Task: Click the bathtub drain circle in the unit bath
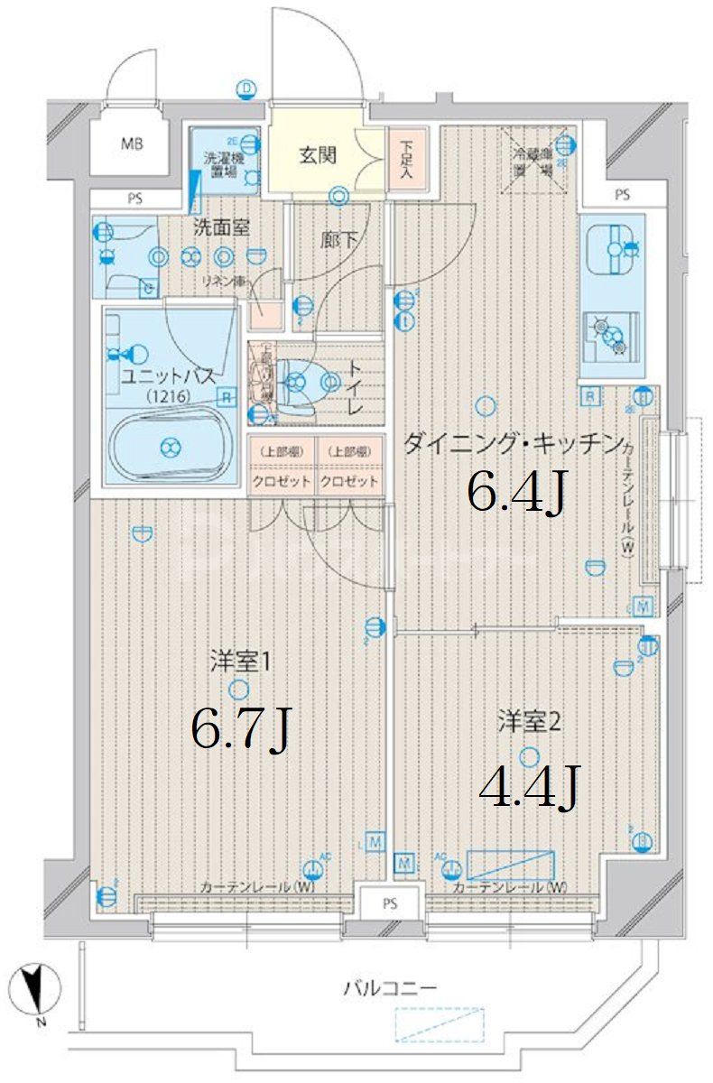[x=170, y=445]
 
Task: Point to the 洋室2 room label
[x=530, y=721]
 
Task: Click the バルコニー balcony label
[x=390, y=988]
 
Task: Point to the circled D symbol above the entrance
[x=246, y=88]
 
